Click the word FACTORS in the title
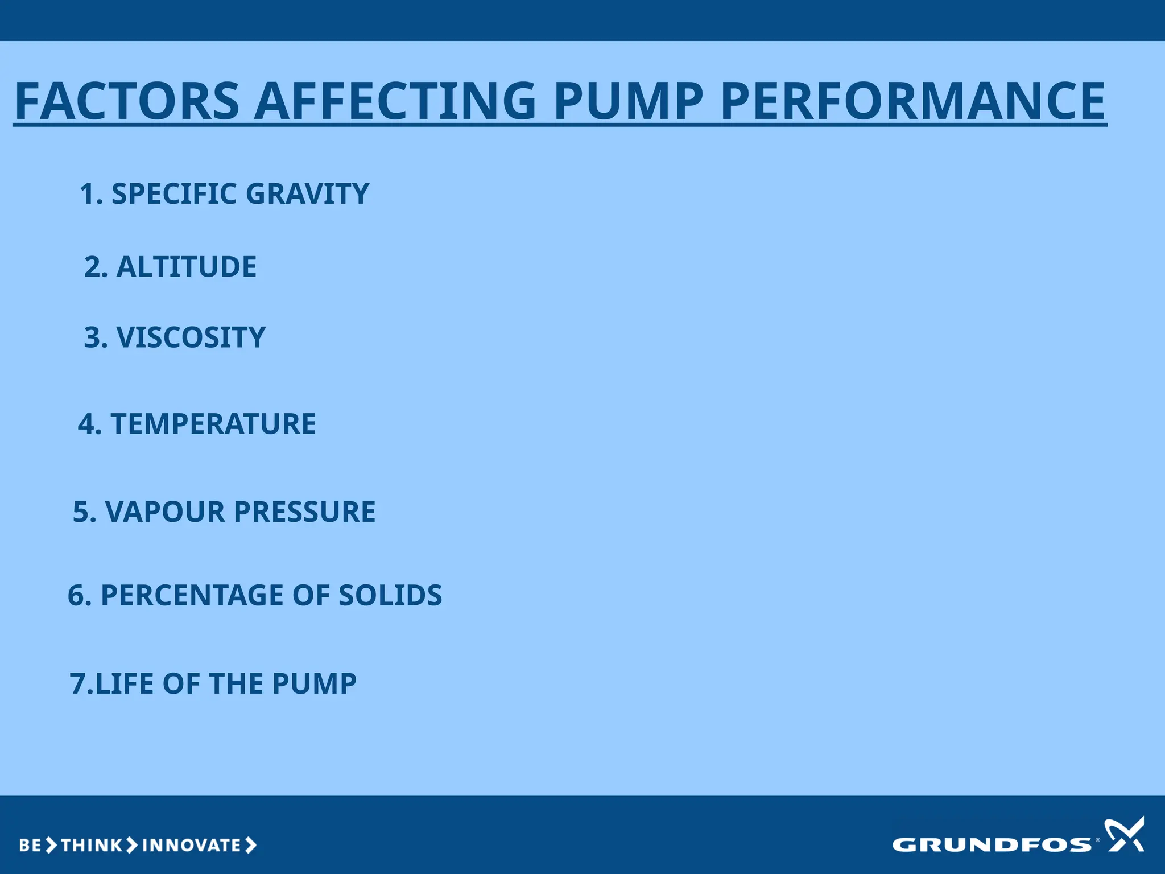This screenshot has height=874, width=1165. [127, 101]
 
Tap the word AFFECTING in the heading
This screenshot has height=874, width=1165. [395, 101]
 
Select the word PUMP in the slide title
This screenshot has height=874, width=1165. [629, 101]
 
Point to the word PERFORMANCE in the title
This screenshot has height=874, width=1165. [912, 101]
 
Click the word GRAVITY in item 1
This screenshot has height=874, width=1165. [308, 194]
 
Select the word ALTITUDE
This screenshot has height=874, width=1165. [186, 267]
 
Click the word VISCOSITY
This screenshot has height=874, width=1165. [191, 337]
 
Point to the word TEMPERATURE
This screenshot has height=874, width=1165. [213, 424]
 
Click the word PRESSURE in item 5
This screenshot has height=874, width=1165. [304, 512]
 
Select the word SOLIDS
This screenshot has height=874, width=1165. [390, 595]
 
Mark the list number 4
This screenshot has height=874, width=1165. [86, 424]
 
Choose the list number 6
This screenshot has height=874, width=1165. [76, 595]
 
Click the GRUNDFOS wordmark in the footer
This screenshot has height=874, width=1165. [992, 844]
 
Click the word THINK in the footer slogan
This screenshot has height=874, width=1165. [91, 845]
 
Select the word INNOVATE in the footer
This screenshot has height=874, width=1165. [192, 845]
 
